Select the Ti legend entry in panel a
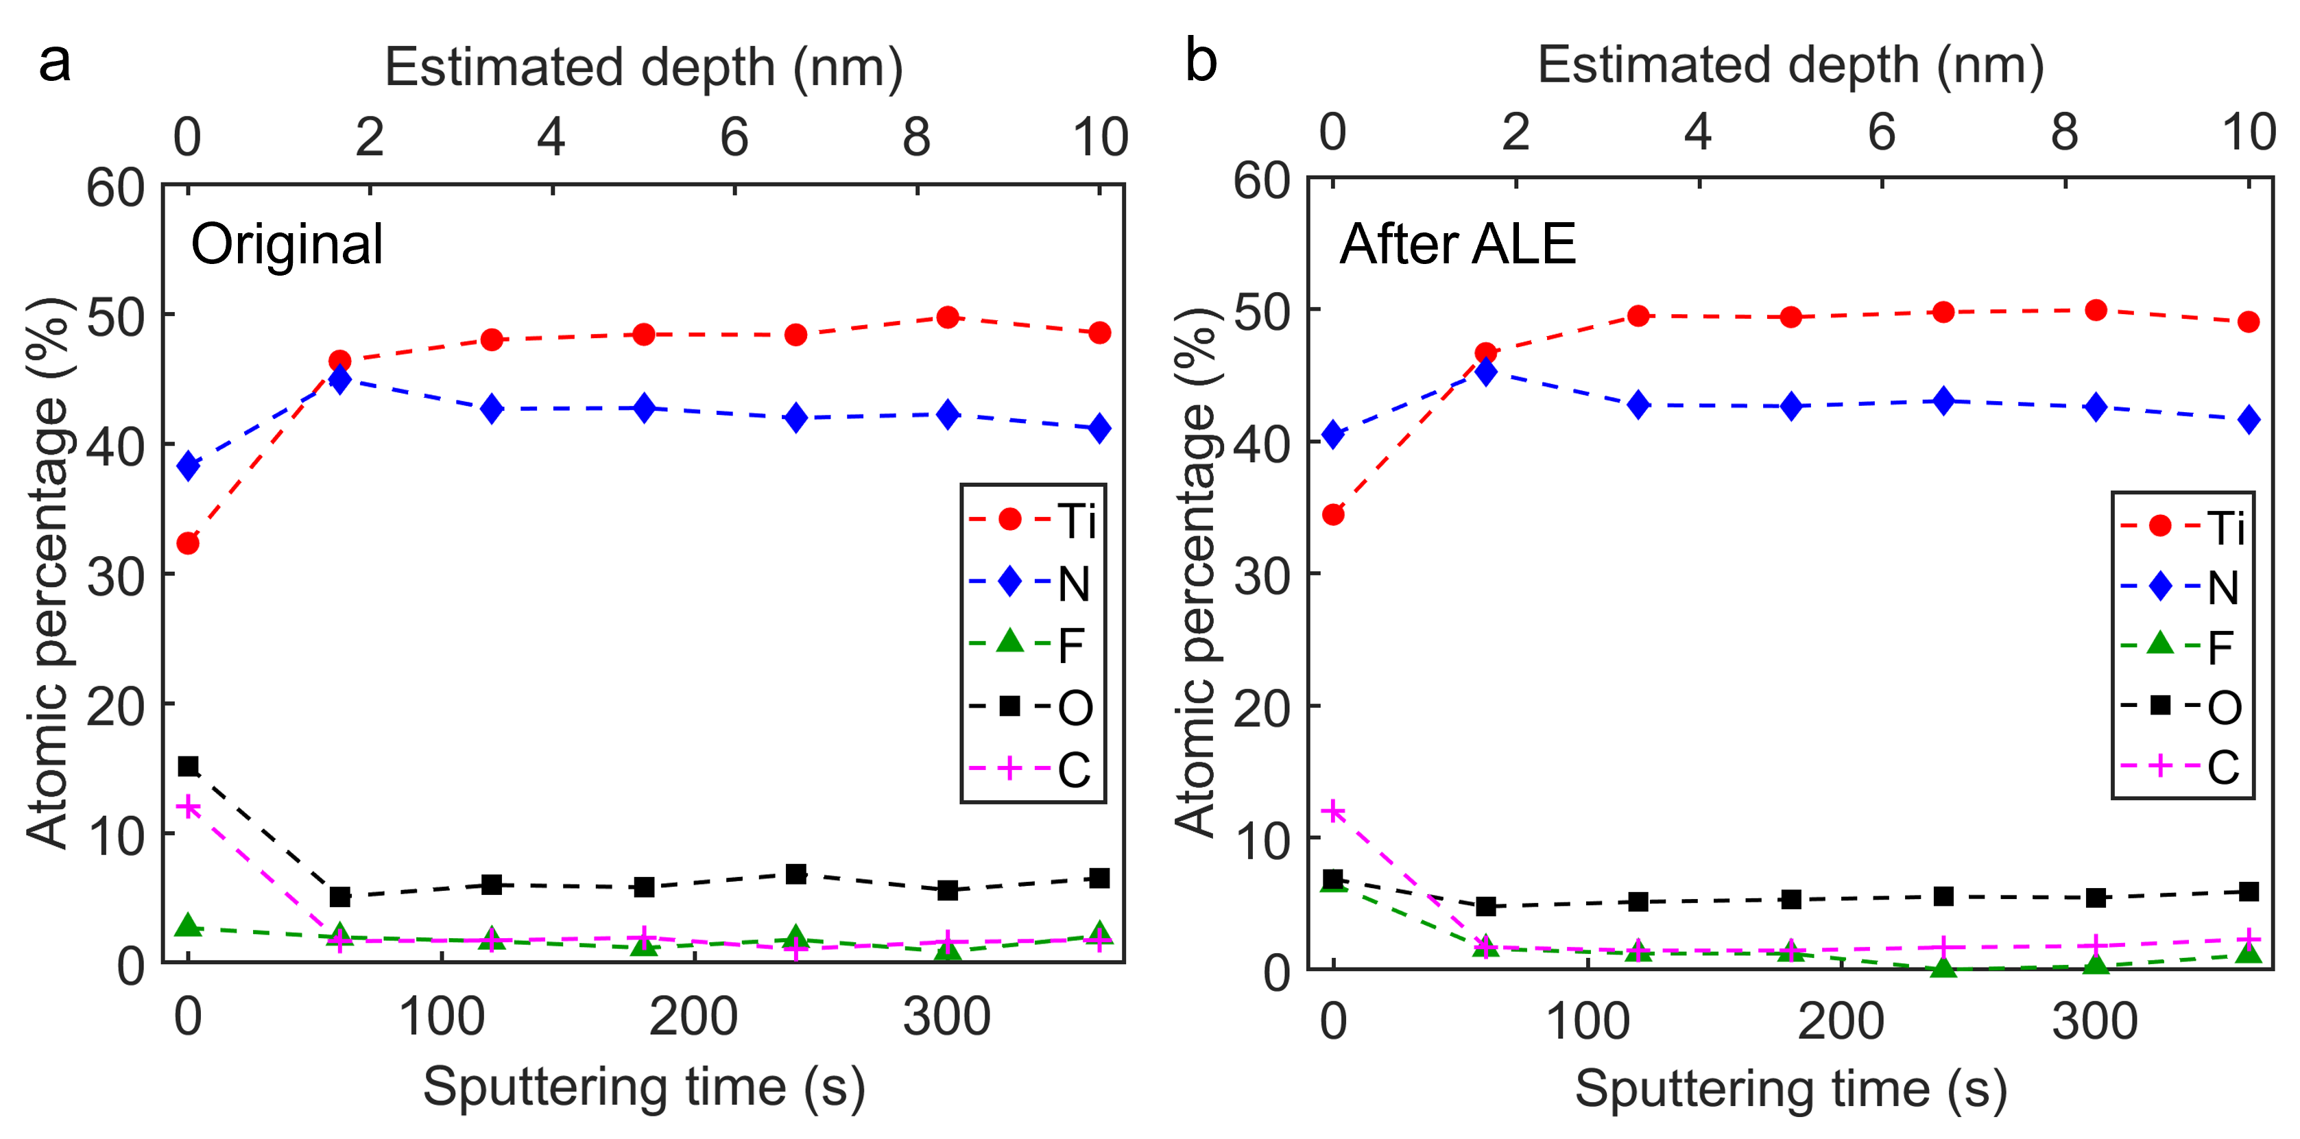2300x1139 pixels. coord(1032,520)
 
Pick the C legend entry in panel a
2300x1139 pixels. coord(1032,769)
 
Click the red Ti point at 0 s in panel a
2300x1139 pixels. coord(187,542)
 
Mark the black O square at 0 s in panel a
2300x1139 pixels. coord(187,766)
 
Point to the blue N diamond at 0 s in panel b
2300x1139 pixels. coord(1333,435)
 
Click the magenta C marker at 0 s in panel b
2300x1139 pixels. coord(1333,811)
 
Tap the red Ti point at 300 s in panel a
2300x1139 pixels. coord(948,317)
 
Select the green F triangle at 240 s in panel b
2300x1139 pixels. coord(1943,968)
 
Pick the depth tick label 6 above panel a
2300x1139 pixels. coord(735,136)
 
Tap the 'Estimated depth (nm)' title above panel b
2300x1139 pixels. coord(1790,65)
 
